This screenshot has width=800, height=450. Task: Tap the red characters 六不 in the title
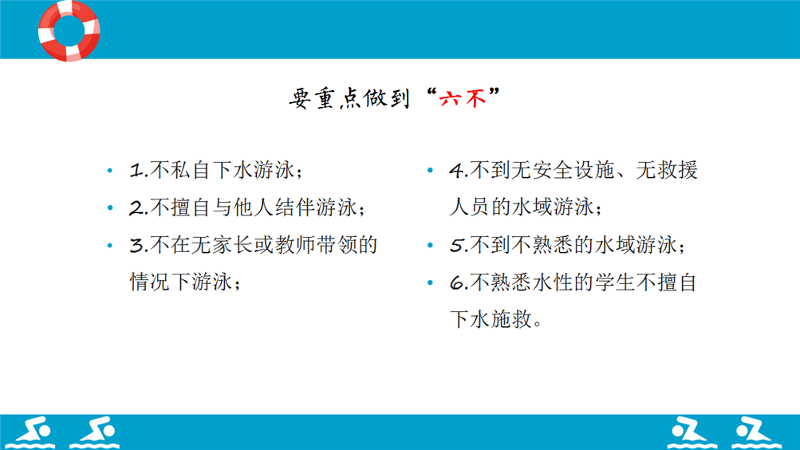tap(463, 98)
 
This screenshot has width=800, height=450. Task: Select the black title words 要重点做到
tap(349, 98)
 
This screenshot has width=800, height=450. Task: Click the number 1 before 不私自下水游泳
tap(136, 171)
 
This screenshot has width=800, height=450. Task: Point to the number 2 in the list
tap(136, 207)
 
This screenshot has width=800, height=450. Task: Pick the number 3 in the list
tap(136, 246)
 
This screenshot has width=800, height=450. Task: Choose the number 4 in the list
tap(457, 171)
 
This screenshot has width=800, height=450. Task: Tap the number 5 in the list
tap(457, 246)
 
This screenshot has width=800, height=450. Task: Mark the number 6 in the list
tap(457, 282)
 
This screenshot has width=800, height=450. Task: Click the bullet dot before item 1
tap(110, 171)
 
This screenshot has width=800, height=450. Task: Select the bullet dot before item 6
tap(430, 282)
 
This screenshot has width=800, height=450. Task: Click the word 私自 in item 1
tap(191, 170)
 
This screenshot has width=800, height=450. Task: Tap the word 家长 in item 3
tap(232, 245)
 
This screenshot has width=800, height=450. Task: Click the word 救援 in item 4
tap(677, 170)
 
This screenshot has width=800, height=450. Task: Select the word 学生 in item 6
tap(614, 282)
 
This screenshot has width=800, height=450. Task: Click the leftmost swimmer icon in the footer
tap(30, 432)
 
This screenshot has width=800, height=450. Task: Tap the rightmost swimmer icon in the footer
tap(755, 432)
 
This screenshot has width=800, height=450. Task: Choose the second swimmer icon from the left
tap(95, 432)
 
